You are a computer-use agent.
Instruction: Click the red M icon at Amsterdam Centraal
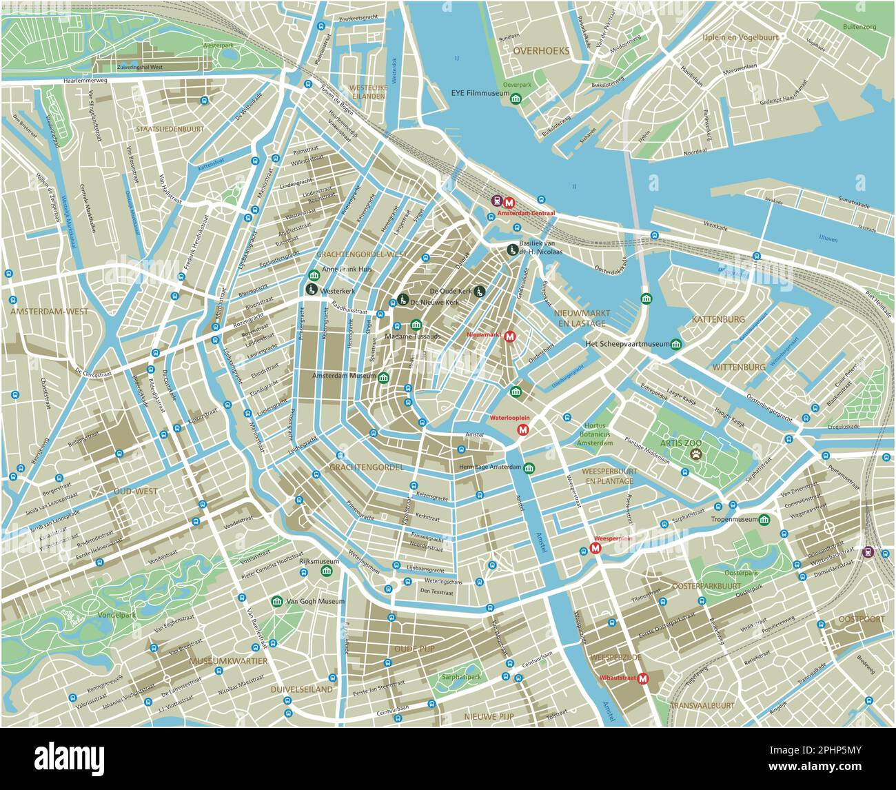click(x=510, y=203)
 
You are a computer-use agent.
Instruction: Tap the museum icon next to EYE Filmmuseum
click(x=515, y=100)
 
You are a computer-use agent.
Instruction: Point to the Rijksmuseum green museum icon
click(x=327, y=571)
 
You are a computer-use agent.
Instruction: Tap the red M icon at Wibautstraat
click(x=644, y=678)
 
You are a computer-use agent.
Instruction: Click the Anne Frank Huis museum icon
click(x=314, y=274)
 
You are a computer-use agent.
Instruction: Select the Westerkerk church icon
click(x=311, y=290)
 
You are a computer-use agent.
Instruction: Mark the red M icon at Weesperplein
click(x=595, y=549)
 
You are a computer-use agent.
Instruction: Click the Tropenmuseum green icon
click(x=764, y=520)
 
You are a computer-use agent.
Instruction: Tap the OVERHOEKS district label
click(x=541, y=51)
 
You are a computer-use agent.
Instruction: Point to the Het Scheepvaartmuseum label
click(x=627, y=343)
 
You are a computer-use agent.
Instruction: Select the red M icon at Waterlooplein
click(x=522, y=430)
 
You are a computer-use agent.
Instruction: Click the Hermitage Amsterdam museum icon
click(x=529, y=469)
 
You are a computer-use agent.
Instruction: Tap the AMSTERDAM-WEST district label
click(x=49, y=312)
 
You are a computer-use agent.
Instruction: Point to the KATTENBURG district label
click(x=718, y=319)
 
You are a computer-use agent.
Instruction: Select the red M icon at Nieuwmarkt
click(x=510, y=336)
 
